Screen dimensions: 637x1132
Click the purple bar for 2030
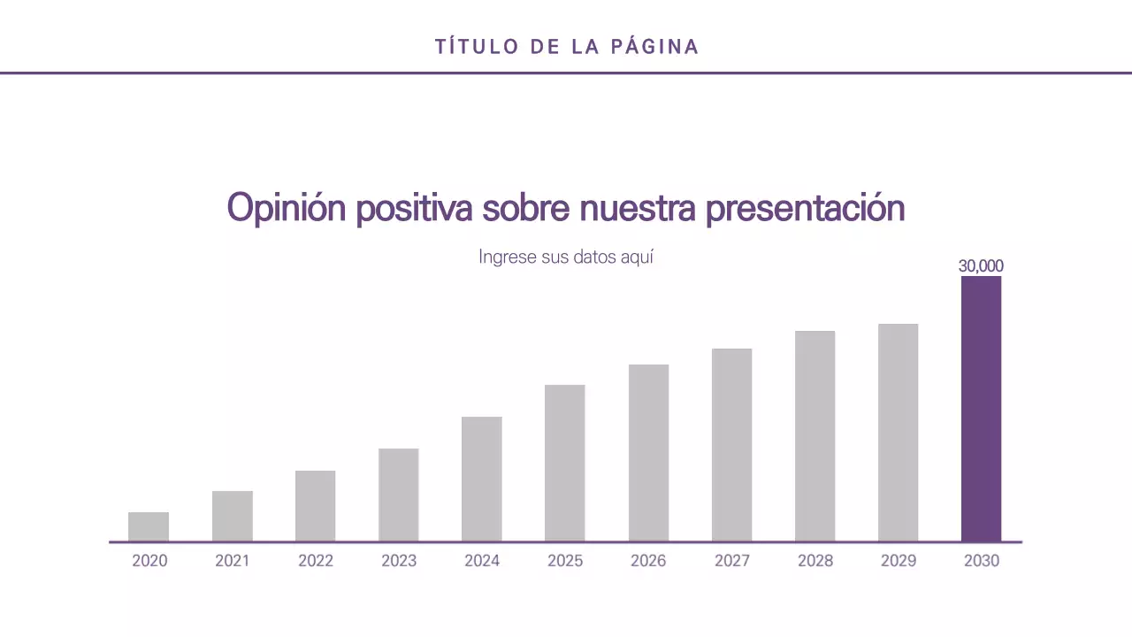click(x=981, y=409)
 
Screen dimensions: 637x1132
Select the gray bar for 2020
click(x=149, y=527)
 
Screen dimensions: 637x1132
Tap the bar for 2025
click(x=565, y=463)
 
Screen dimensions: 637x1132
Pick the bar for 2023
click(x=399, y=495)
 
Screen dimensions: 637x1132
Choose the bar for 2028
click(x=815, y=436)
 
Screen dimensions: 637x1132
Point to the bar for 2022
click(x=316, y=506)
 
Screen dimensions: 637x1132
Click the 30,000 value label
click(x=981, y=265)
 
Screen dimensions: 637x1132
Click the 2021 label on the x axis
click(x=233, y=561)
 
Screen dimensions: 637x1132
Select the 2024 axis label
click(x=482, y=561)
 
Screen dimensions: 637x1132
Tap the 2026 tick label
click(x=648, y=561)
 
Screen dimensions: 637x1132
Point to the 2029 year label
click(x=898, y=561)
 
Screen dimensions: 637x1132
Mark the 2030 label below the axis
click(x=981, y=561)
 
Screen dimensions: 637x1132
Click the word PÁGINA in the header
click(x=655, y=47)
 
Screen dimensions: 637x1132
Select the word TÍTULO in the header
click(x=476, y=47)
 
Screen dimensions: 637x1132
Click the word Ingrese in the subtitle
click(x=507, y=257)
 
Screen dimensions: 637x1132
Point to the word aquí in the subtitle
click(x=636, y=257)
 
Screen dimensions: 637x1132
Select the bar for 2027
click(x=731, y=445)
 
